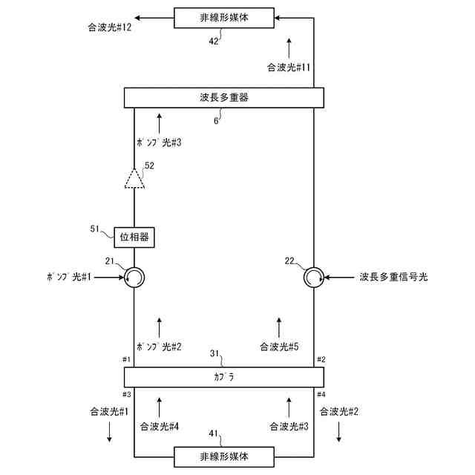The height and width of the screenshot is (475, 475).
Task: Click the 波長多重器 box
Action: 223,97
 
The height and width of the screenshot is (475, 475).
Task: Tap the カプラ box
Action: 223,377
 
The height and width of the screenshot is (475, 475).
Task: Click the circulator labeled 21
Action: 134,278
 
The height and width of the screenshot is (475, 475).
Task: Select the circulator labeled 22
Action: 314,278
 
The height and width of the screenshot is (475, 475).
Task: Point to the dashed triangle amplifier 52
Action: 134,179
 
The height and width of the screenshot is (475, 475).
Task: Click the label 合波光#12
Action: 108,28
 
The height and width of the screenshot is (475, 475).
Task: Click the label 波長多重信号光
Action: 394,278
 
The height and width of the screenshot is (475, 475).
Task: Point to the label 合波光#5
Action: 279,347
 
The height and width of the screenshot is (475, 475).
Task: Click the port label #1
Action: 127,359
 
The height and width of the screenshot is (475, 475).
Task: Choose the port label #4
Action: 321,393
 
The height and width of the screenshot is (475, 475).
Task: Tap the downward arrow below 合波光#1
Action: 109,431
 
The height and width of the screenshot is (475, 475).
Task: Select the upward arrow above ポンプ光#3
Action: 159,119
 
